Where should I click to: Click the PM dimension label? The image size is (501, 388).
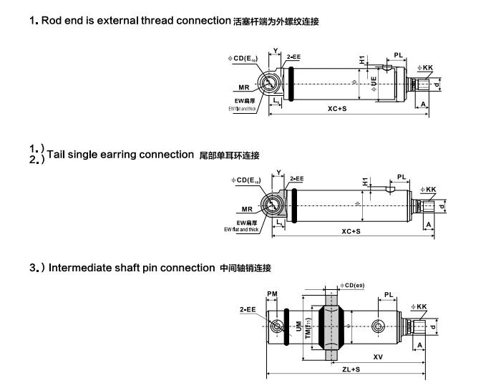click(x=272, y=294)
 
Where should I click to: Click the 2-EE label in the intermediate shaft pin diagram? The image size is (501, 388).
click(x=248, y=309)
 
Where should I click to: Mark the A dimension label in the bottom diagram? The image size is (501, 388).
click(x=421, y=344)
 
